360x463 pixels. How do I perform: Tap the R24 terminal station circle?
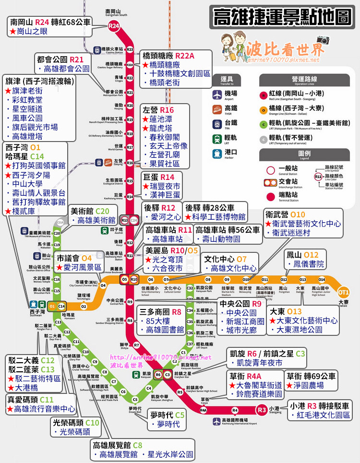click(114, 27)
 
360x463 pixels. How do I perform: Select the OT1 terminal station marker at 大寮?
click(343, 292)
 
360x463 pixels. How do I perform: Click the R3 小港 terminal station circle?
click(262, 410)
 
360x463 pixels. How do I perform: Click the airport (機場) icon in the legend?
click(218, 94)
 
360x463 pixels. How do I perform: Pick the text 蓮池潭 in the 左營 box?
click(160, 119)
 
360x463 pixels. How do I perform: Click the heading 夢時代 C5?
click(167, 415)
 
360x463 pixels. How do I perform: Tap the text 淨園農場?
click(307, 385)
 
